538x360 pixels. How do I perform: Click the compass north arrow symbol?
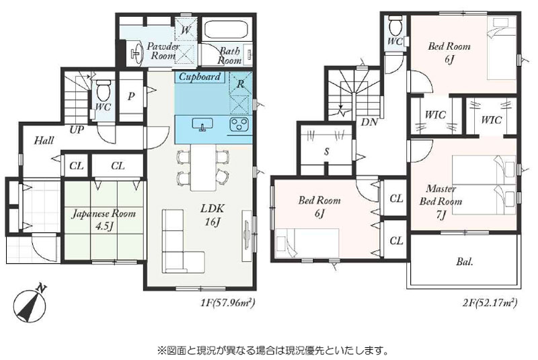click(30, 304)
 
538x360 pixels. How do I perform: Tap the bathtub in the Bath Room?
click(227, 30)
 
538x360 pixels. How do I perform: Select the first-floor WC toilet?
click(103, 90)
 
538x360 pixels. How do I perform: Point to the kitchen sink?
click(202, 124)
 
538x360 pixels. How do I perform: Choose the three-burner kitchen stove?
click(239, 124)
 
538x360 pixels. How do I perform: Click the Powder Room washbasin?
click(137, 52)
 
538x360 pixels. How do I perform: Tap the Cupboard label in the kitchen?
click(199, 76)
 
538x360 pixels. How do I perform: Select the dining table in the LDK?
click(203, 168)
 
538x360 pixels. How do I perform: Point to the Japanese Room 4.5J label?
click(103, 219)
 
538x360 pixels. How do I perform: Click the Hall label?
click(44, 141)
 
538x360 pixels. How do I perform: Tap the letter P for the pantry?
click(130, 96)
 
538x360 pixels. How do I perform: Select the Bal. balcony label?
click(465, 262)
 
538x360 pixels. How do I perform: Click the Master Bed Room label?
click(441, 195)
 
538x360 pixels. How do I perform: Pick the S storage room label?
click(327, 151)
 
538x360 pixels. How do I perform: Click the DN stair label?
click(369, 122)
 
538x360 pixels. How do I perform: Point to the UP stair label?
click(77, 130)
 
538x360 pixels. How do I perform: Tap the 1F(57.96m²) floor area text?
click(227, 303)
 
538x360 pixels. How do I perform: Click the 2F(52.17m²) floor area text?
click(490, 303)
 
